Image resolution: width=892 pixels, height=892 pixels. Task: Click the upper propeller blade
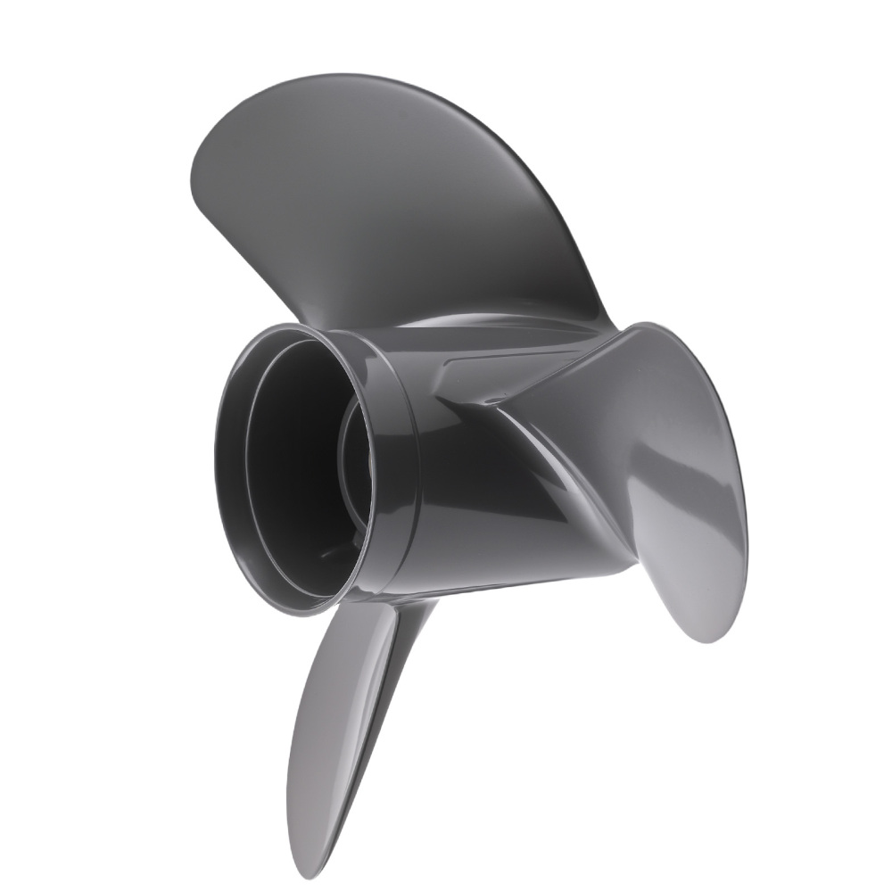pos(392,196)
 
